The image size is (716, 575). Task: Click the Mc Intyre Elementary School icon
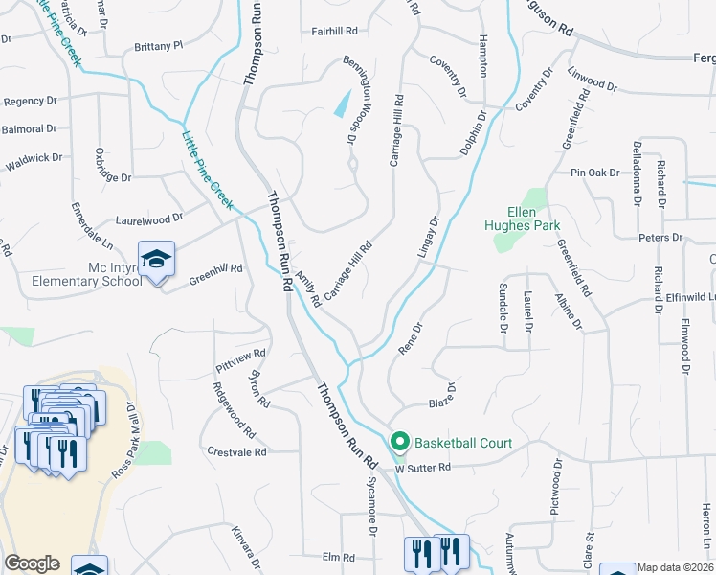tap(156, 259)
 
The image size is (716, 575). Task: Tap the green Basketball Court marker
tap(399, 442)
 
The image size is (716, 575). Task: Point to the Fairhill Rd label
tap(333, 31)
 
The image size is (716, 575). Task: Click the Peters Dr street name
tap(662, 237)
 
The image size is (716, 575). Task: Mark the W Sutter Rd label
tap(423, 468)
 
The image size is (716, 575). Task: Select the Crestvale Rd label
tap(237, 450)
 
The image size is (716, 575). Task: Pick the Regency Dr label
tap(31, 101)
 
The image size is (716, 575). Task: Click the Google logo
tap(32, 563)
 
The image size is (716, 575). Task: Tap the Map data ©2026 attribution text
tap(676, 567)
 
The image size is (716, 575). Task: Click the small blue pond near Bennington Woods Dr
tap(341, 103)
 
